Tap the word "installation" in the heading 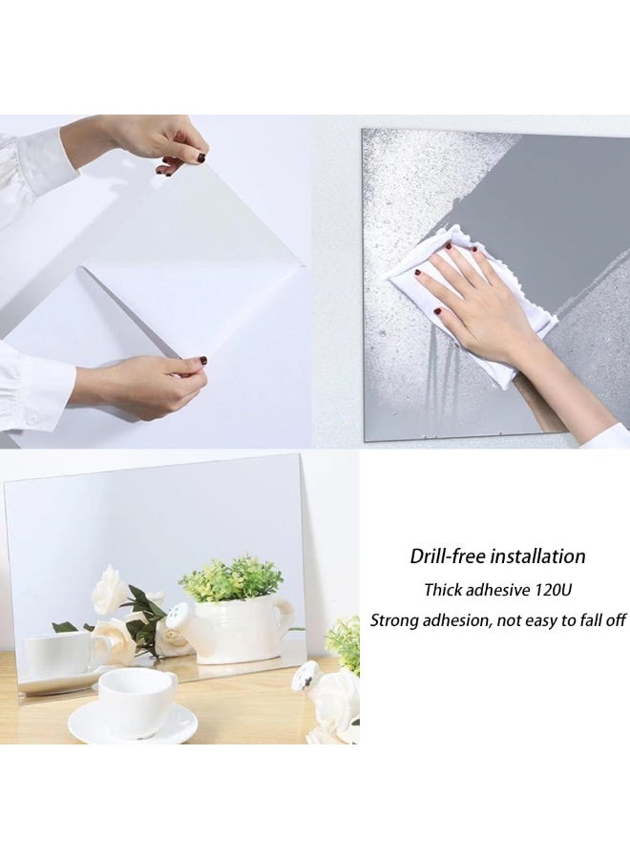[x=538, y=556]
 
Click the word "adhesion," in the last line [x=459, y=620]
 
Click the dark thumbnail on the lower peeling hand [x=201, y=361]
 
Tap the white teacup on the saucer [x=136, y=701]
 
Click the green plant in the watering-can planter [x=231, y=578]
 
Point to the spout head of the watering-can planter [x=177, y=616]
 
